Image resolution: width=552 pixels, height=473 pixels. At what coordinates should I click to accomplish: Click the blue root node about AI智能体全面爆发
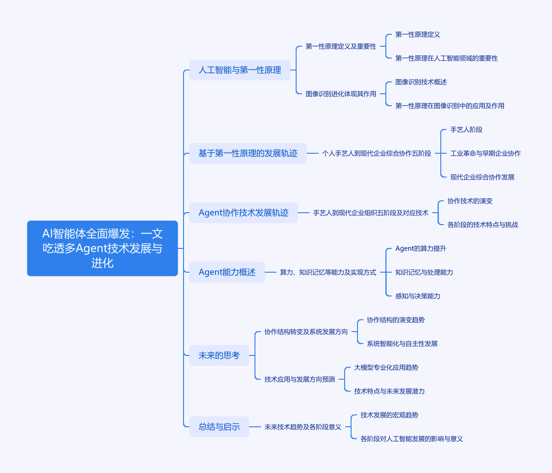pyautogui.click(x=102, y=248)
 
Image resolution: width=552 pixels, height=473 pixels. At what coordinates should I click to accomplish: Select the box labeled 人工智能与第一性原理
pyautogui.click(x=239, y=70)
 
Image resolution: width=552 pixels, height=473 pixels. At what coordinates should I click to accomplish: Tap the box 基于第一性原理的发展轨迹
pyautogui.click(x=248, y=153)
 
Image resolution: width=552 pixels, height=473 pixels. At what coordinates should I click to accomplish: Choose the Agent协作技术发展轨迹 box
pyautogui.click(x=244, y=213)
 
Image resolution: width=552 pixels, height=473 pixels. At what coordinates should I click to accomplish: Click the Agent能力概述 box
pyautogui.click(x=227, y=272)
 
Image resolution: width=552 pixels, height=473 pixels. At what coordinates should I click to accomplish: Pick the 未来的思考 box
pyautogui.click(x=219, y=355)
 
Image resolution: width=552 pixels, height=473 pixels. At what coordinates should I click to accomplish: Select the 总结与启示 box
pyautogui.click(x=219, y=427)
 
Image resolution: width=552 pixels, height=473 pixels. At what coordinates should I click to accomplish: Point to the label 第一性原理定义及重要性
pyautogui.click(x=341, y=47)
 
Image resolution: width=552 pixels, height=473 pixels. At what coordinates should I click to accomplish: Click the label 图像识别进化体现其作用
pyautogui.click(x=341, y=94)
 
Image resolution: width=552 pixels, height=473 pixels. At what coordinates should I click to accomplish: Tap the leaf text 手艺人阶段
pyautogui.click(x=466, y=130)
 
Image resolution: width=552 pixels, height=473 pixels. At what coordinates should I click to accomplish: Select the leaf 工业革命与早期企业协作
pyautogui.click(x=486, y=154)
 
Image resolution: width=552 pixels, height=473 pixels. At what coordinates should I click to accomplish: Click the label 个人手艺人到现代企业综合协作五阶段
pyautogui.click(x=377, y=154)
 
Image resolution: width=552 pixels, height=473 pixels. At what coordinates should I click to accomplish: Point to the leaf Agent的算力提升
pyautogui.click(x=421, y=248)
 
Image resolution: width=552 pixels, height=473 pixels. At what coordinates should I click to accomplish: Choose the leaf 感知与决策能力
pyautogui.click(x=418, y=296)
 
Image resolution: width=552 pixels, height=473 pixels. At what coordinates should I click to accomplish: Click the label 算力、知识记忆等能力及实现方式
pyautogui.click(x=328, y=272)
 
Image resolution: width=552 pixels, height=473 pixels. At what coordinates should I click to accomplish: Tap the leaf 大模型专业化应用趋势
pyautogui.click(x=386, y=368)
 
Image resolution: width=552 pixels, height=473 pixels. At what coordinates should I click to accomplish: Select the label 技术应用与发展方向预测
pyautogui.click(x=300, y=379)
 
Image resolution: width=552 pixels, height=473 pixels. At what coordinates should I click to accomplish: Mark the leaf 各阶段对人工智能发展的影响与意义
pyautogui.click(x=412, y=439)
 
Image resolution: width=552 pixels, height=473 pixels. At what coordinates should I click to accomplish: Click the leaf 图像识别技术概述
pyautogui.click(x=421, y=82)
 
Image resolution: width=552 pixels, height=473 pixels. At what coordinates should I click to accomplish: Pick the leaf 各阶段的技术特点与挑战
pyautogui.click(x=483, y=225)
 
